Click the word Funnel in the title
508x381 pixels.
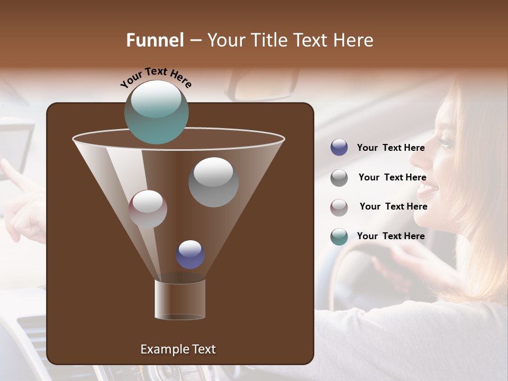[155, 40]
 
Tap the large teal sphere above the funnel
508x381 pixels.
[157, 112]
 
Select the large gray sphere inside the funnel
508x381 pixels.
[213, 182]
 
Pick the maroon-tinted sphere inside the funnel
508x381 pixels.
[148, 209]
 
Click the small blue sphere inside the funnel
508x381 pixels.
[190, 254]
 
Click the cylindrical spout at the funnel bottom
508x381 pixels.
[180, 300]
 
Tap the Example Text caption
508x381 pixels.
[178, 349]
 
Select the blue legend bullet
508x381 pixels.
[339, 148]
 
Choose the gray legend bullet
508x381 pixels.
[339, 178]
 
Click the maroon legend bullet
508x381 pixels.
[339, 207]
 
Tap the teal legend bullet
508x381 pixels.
[339, 237]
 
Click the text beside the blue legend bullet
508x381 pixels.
[391, 148]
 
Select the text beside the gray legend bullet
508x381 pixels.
[392, 177]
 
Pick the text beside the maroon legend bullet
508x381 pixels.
[393, 206]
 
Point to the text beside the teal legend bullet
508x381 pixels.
[391, 236]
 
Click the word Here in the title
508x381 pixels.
[353, 40]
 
